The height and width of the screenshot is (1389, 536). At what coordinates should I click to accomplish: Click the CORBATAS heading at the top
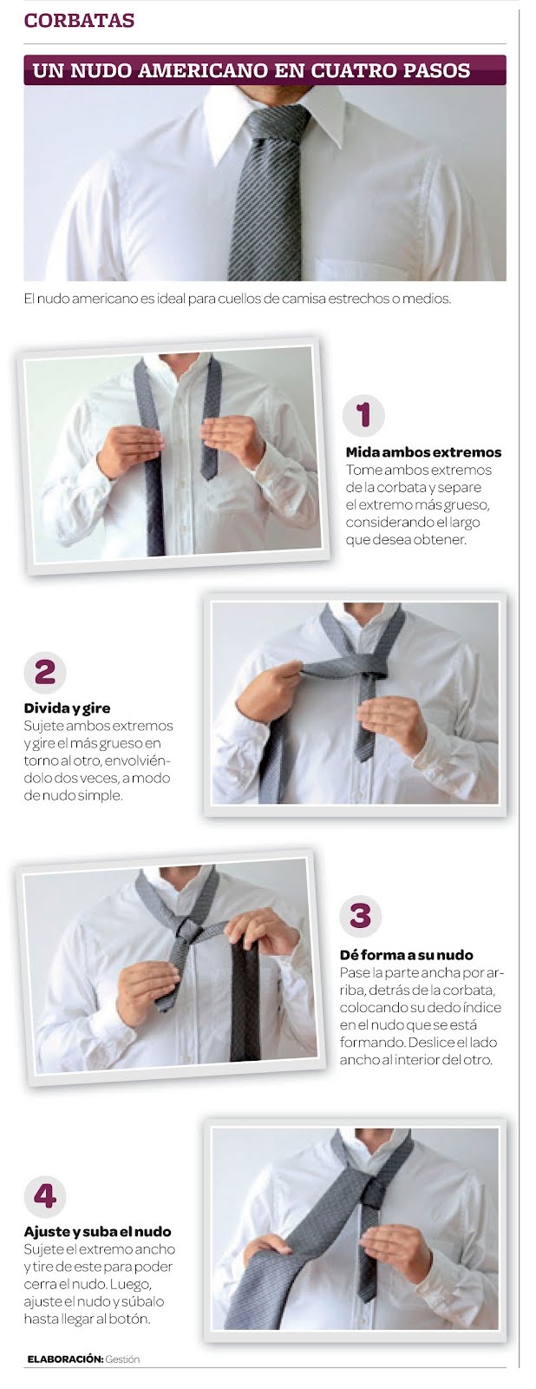79,21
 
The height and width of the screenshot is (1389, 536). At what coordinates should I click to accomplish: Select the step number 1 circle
363,415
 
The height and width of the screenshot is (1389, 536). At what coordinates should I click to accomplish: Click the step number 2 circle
45,672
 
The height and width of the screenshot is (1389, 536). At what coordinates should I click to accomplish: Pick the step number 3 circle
360,916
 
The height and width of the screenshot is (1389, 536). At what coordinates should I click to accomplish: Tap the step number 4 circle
45,1196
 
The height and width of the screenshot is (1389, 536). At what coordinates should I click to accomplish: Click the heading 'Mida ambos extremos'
423,452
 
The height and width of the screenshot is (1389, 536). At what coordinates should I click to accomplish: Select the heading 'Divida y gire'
67,708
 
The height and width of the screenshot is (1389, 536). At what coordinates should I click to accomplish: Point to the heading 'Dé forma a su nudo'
406,955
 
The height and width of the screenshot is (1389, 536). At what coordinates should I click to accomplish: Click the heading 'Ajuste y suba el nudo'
97,1231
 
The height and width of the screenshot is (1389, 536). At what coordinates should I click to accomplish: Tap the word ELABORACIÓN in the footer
65,1359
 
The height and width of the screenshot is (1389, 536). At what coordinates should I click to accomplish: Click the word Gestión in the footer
122,1359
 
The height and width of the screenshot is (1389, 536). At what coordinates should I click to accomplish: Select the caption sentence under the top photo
238,299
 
